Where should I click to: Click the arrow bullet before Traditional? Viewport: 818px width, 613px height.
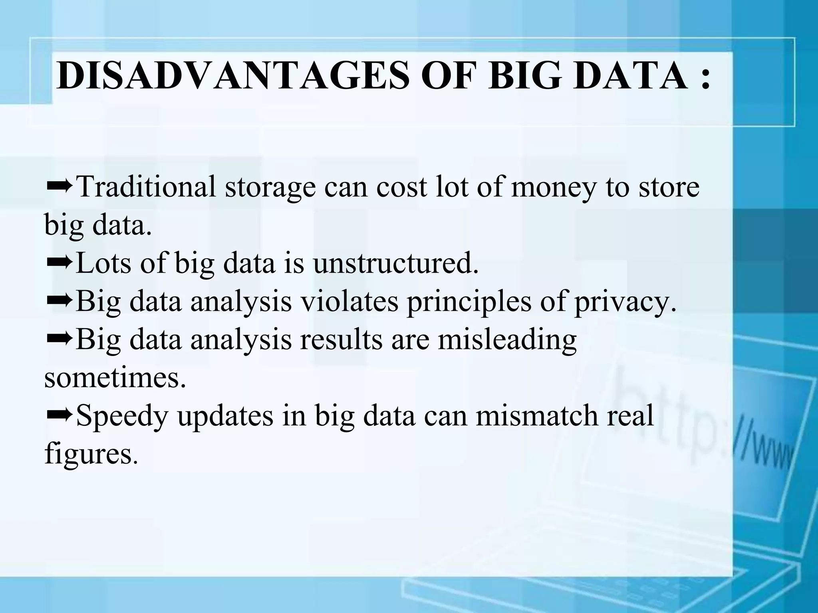click(59, 185)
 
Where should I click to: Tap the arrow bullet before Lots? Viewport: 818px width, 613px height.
click(59, 262)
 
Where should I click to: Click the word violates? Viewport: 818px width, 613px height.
click(349, 301)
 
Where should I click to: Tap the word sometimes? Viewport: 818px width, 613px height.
click(115, 378)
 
